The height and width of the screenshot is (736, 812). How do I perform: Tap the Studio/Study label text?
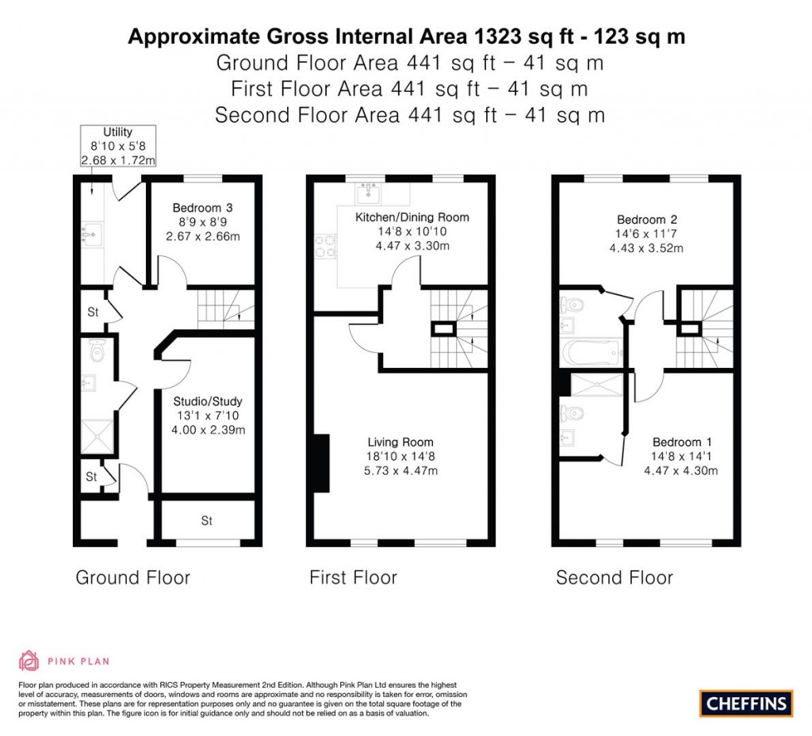point(209,401)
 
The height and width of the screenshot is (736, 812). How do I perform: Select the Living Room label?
point(400,442)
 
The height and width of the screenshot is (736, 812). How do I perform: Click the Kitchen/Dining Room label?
point(412,217)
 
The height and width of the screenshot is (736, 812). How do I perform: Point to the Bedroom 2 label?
point(646,219)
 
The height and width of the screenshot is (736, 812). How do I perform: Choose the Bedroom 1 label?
point(676,442)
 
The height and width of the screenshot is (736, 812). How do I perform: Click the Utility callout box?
point(117,146)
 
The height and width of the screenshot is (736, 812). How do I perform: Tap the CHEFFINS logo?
point(745,703)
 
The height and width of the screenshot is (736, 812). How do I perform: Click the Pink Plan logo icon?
point(29,660)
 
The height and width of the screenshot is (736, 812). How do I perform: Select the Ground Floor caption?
point(132,577)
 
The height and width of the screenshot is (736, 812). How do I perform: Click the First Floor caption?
point(353,577)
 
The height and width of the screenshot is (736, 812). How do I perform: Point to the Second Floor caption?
point(614,577)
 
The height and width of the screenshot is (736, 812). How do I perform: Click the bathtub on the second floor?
point(590,350)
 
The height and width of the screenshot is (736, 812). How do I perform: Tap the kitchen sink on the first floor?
point(369,193)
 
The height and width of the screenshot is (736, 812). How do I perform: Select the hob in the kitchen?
point(326,246)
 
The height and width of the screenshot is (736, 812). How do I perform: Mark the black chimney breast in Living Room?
point(321,463)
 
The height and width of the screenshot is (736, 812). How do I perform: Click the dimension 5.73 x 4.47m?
point(400,470)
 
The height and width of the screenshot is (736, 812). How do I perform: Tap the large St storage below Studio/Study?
point(207,521)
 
